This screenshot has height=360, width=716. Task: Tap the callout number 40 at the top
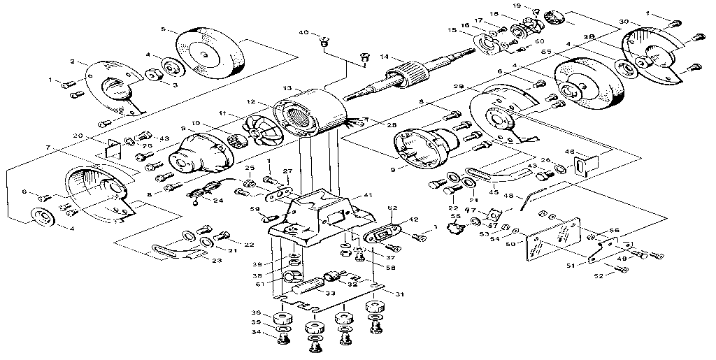(x=303, y=33)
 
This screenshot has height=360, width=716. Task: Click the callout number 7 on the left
(x=48, y=148)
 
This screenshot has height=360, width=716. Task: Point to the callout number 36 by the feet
(x=257, y=313)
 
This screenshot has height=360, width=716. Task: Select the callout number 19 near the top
(x=536, y=6)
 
